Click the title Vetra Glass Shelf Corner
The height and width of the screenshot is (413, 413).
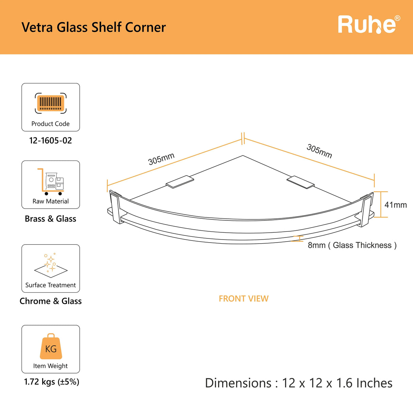(x=94, y=28)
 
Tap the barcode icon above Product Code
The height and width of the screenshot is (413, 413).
(x=51, y=103)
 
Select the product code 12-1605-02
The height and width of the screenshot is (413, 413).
(x=51, y=141)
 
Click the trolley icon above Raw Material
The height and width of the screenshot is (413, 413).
(x=51, y=182)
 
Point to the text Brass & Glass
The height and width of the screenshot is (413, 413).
(x=51, y=219)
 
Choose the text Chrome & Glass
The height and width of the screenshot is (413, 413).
(x=51, y=301)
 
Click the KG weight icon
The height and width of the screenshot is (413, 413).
(x=51, y=347)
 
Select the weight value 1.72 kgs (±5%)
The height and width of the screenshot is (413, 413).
(x=52, y=382)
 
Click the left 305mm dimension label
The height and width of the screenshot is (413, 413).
(x=161, y=159)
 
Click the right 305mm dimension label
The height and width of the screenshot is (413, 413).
(x=319, y=151)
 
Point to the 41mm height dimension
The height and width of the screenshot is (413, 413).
(x=395, y=205)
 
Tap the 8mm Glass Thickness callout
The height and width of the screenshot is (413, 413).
(x=352, y=245)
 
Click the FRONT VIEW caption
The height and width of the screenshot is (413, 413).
(x=244, y=299)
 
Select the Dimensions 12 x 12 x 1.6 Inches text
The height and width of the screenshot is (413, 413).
(x=299, y=383)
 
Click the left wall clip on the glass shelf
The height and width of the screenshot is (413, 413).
(x=180, y=181)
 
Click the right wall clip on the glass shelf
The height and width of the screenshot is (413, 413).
(x=300, y=182)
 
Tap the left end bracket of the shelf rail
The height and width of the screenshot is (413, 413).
(x=115, y=207)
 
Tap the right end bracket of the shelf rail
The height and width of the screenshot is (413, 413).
(x=367, y=210)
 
